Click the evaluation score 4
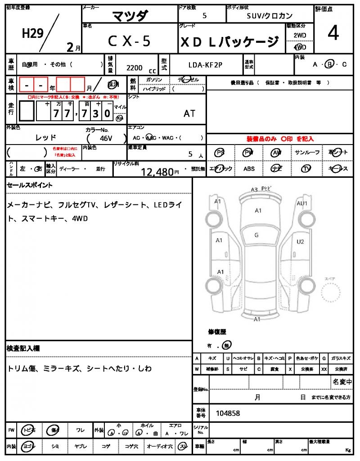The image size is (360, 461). click(333, 34)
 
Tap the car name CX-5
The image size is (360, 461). click(129, 41)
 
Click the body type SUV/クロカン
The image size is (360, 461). click(270, 15)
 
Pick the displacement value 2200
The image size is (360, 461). click(135, 68)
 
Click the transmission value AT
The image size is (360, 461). click(189, 113)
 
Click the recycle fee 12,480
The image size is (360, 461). click(157, 172)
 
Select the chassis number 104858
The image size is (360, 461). click(228, 413)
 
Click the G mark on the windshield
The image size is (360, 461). click(256, 235)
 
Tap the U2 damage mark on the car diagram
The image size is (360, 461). click(300, 242)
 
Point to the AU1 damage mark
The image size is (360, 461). click(301, 203)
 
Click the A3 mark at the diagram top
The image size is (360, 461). click(254, 190)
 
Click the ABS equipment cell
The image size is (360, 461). click(249, 169)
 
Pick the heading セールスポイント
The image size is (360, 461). click(30, 185)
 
